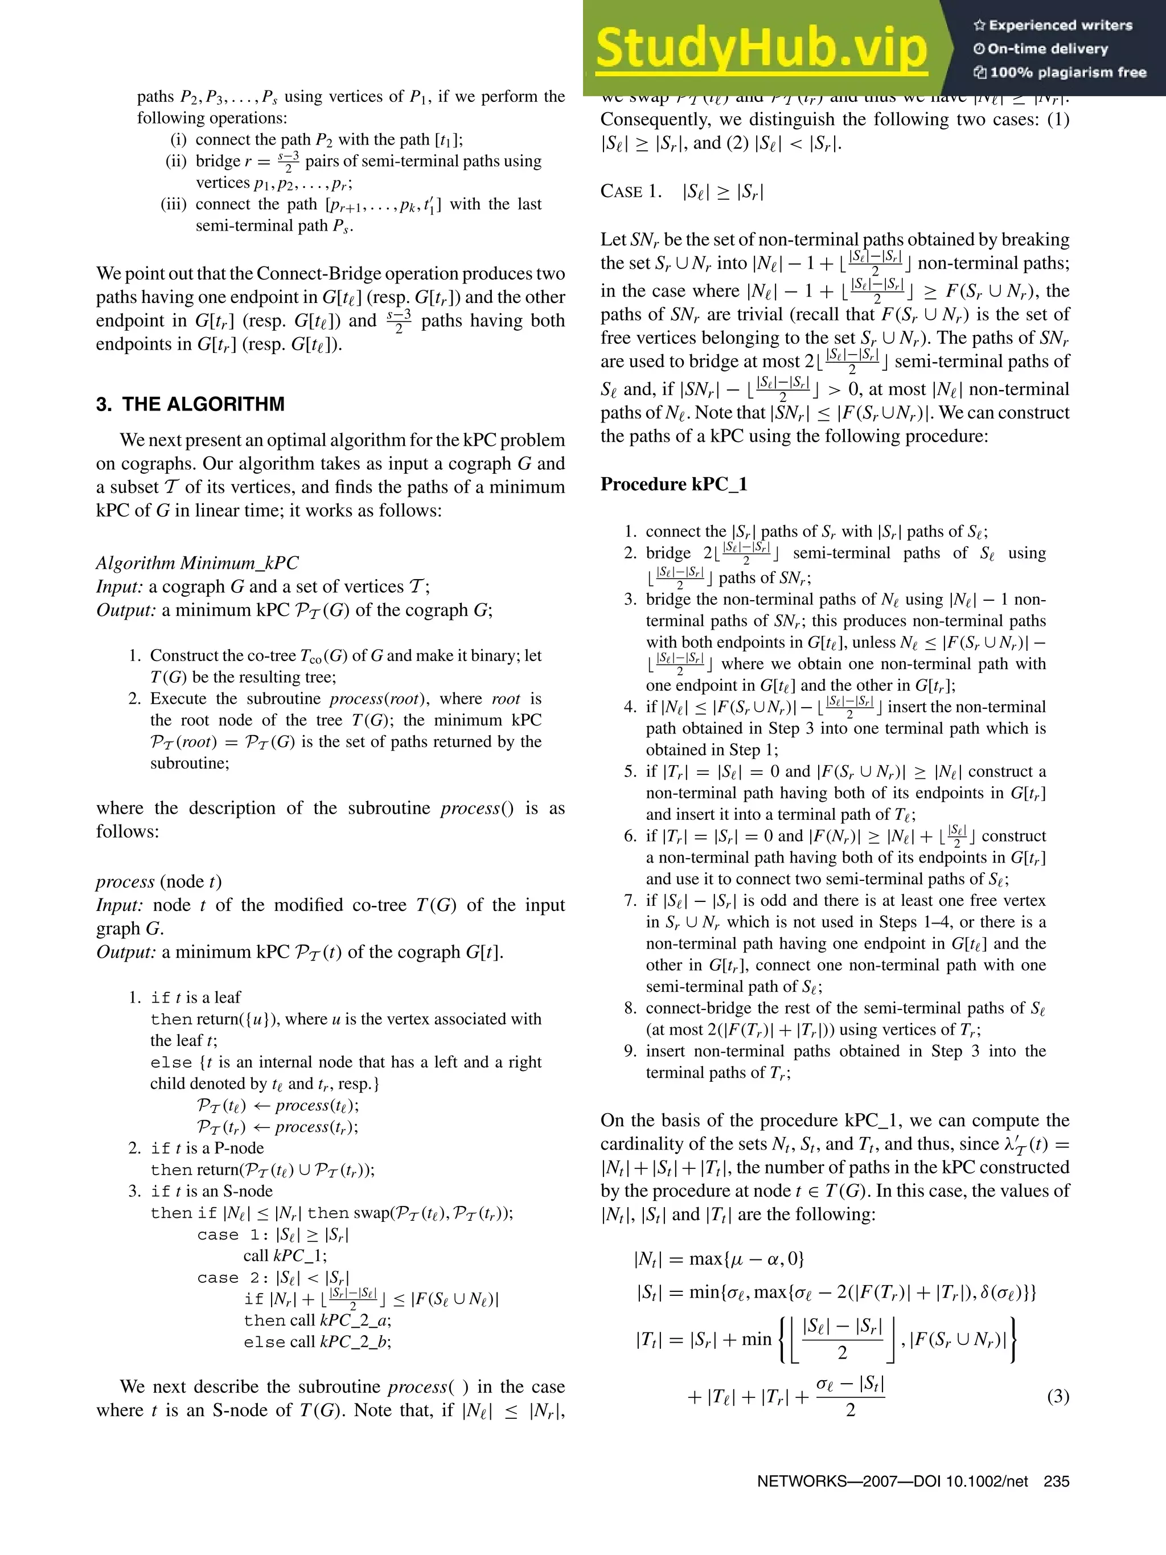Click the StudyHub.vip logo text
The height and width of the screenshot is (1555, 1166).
coord(761,48)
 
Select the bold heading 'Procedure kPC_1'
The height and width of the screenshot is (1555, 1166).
coord(674,485)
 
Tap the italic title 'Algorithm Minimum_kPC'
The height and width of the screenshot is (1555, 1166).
coord(197,563)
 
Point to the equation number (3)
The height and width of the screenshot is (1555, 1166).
coord(1058,1396)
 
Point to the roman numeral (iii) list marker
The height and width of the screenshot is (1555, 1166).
coord(173,204)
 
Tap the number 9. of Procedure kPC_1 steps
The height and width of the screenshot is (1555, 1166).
coord(630,1052)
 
